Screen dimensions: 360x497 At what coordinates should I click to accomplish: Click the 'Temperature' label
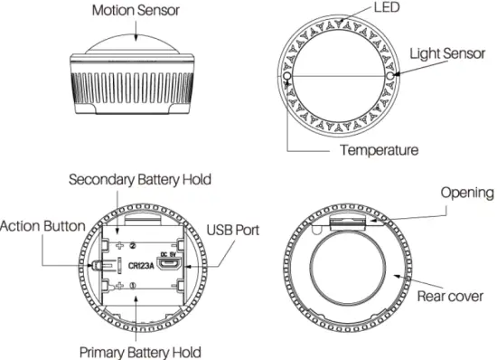[379, 149]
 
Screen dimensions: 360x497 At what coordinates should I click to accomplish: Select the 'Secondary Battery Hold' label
[140, 179]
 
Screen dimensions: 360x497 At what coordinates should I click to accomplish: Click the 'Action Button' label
[42, 225]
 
